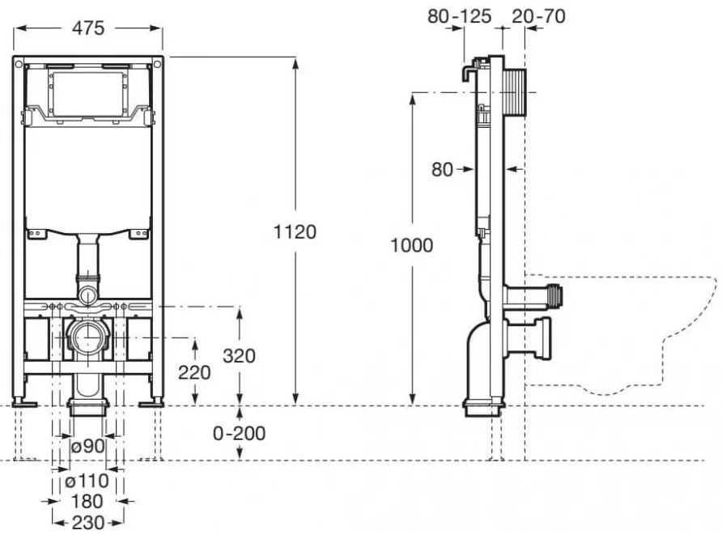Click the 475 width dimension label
(x=88, y=28)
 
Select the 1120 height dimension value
(x=295, y=232)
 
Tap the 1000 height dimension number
(x=412, y=245)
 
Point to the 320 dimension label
(x=239, y=356)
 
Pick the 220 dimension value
(x=194, y=372)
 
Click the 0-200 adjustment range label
(x=240, y=433)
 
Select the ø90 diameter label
(x=88, y=446)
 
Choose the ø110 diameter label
(x=87, y=481)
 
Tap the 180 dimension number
(x=87, y=501)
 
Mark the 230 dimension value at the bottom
(x=88, y=523)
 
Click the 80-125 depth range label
(x=460, y=16)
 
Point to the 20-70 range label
(x=538, y=16)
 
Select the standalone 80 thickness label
(x=442, y=170)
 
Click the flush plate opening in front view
(x=87, y=94)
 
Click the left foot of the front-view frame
(x=24, y=404)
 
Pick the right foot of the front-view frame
(x=151, y=404)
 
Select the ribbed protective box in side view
(x=516, y=94)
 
